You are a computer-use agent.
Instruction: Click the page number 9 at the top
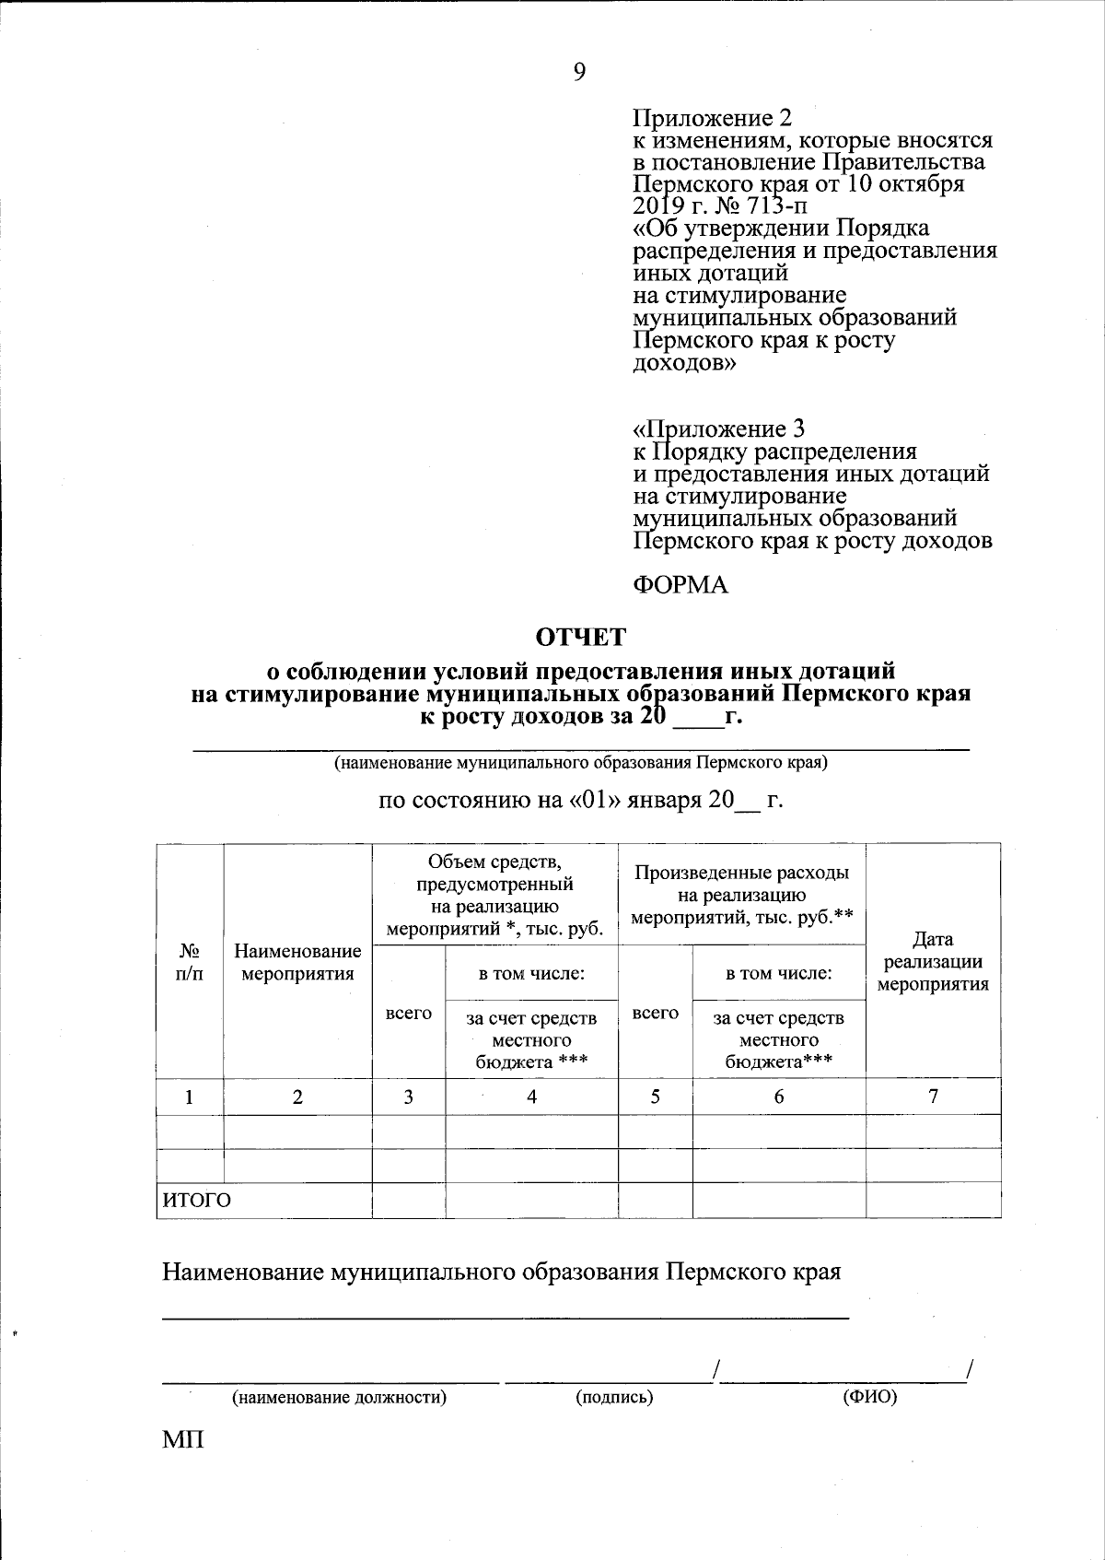click(x=578, y=73)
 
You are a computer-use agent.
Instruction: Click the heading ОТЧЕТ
click(x=581, y=637)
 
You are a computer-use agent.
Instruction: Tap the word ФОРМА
click(x=680, y=585)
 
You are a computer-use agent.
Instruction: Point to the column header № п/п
click(x=190, y=961)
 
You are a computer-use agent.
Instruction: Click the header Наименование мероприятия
click(x=297, y=962)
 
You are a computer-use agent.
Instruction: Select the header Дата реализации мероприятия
click(x=933, y=961)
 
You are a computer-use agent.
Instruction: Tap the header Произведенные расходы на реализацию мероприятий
click(x=741, y=895)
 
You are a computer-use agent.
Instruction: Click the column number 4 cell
click(x=531, y=1097)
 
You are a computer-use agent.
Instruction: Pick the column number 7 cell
click(x=933, y=1096)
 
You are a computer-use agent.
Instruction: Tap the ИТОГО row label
click(x=197, y=1200)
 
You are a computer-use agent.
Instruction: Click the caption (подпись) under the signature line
click(x=614, y=1398)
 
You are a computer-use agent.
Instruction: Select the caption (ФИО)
click(x=869, y=1397)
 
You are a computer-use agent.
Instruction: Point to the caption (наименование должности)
click(x=339, y=1398)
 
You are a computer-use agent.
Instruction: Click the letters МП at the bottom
click(x=183, y=1439)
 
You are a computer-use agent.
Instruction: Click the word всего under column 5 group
click(x=656, y=1013)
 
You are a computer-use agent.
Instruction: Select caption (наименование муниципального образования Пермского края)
click(x=580, y=763)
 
